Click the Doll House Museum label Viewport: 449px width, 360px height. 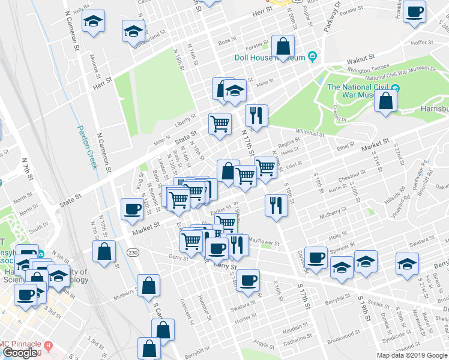pyautogui.click(x=270, y=58)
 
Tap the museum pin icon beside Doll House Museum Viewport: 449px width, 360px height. pyautogui.click(x=312, y=57)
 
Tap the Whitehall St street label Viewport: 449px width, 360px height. pyautogui.click(x=310, y=133)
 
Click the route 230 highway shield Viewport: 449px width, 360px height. pyautogui.click(x=133, y=253)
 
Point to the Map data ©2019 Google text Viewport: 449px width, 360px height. pyautogui.click(x=412, y=355)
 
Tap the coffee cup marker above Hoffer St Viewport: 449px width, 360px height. pyautogui.click(x=414, y=12)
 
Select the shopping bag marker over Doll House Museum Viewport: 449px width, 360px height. pyautogui.click(x=283, y=46)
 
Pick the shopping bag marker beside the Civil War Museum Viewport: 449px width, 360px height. pyautogui.click(x=385, y=101)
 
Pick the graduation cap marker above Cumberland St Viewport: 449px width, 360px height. pyautogui.click(x=133, y=31)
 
